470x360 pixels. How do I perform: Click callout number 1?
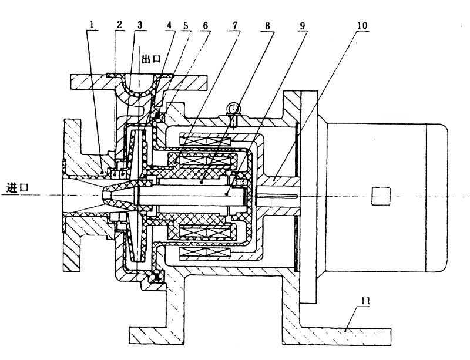pyautogui.click(x=92, y=25)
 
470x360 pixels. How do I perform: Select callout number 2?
pyautogui.click(x=120, y=25)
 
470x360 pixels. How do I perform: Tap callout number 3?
pyautogui.click(x=140, y=25)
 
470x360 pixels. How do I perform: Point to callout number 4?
pyautogui.click(x=170, y=25)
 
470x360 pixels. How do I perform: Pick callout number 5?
pyautogui.click(x=186, y=25)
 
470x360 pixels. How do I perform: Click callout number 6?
pyautogui.click(x=205, y=25)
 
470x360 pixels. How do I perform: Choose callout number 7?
pyautogui.click(x=236, y=25)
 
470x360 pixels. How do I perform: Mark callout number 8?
pyautogui.click(x=267, y=25)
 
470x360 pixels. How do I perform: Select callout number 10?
pyautogui.click(x=362, y=25)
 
